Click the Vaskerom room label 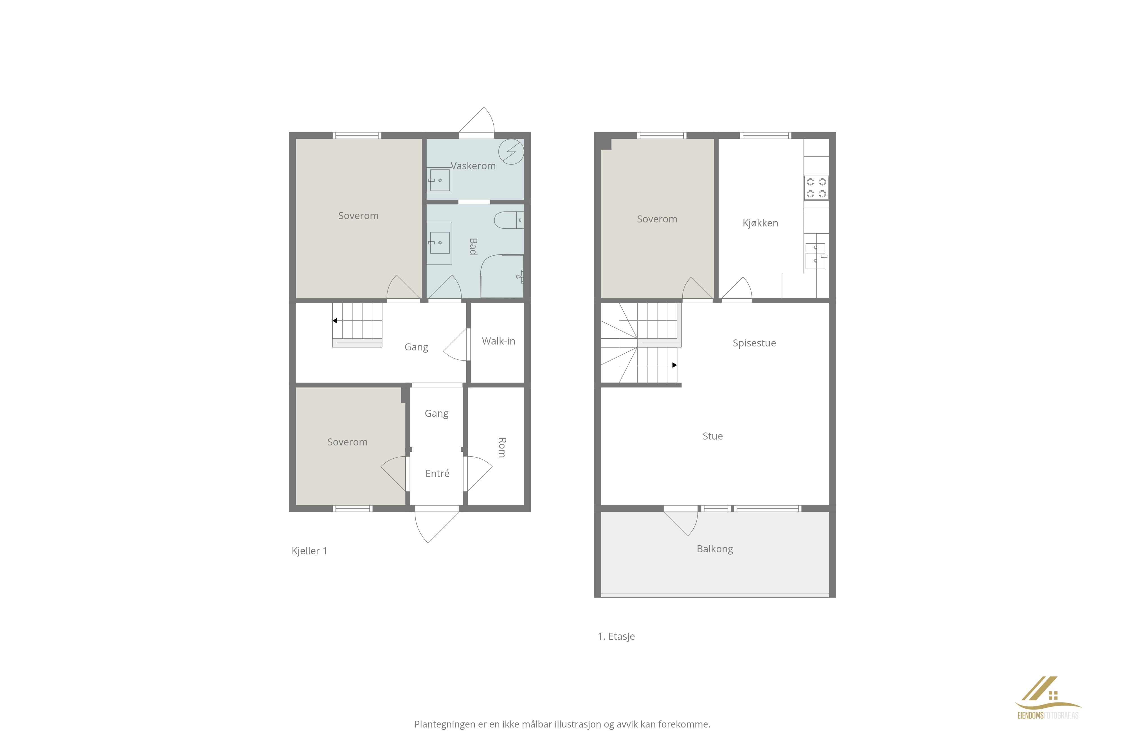coord(473,166)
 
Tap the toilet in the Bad coord(509,220)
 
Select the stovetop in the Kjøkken coord(816,188)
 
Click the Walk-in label coord(498,341)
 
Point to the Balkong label coord(715,549)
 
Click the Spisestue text coord(754,343)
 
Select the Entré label coord(437,474)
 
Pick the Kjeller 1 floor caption coord(309,551)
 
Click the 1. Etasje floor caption coord(616,637)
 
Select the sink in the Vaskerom coord(439,180)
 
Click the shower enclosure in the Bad coord(502,276)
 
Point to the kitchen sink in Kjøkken coord(816,256)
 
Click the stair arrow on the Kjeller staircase coord(357,321)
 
